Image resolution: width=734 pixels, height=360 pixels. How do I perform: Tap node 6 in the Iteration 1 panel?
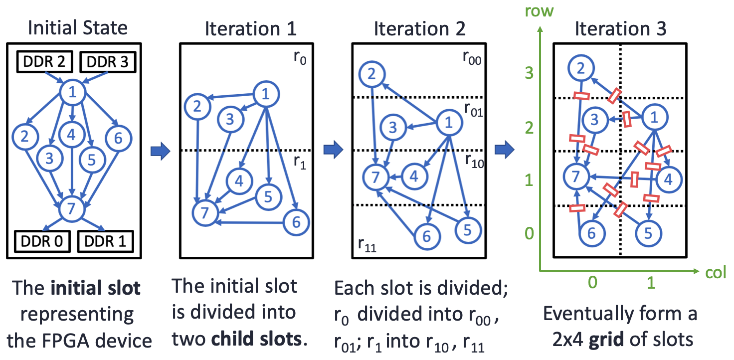point(296,222)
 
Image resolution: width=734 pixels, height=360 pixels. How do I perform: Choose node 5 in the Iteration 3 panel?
point(649,233)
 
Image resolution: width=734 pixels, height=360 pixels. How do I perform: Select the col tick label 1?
point(650,283)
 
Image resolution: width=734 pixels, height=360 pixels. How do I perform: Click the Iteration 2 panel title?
point(419,29)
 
